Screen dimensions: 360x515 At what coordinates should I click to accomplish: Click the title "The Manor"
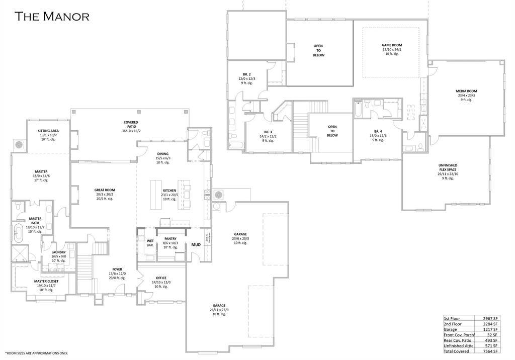point(52,16)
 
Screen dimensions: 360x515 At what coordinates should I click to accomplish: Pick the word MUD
point(196,245)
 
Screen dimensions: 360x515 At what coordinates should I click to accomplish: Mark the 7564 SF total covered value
point(490,351)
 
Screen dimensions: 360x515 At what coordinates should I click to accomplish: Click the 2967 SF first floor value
point(490,319)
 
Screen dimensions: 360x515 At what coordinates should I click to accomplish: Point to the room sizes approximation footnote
point(36,353)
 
